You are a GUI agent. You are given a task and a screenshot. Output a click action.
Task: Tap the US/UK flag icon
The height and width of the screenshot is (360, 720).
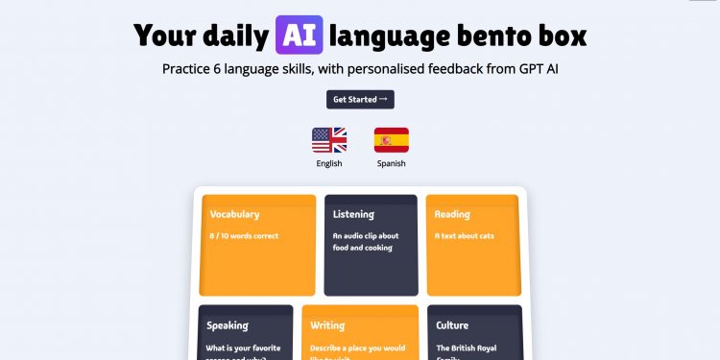329,140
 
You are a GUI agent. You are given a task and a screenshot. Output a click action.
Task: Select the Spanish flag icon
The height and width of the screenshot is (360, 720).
391,140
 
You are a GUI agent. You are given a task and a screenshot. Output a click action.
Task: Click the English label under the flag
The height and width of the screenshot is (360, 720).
329,163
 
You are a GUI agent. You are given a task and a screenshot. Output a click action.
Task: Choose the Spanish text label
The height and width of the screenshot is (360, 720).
391,163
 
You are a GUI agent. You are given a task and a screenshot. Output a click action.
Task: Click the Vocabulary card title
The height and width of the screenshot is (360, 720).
234,214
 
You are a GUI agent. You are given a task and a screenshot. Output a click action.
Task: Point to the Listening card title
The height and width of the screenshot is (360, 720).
353,214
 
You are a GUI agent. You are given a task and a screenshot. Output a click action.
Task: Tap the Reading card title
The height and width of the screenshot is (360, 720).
452,214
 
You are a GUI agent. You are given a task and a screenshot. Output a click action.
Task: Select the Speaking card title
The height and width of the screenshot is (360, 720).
228,325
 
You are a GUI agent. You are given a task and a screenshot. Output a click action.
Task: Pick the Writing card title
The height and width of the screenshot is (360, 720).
327,325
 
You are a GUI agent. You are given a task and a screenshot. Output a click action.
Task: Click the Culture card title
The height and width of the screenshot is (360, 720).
452,325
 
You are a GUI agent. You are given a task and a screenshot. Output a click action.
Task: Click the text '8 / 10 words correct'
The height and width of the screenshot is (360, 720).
244,235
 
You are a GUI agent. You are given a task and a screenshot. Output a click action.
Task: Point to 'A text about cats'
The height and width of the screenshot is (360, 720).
465,235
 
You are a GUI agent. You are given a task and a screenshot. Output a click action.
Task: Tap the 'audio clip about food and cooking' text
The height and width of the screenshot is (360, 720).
366,241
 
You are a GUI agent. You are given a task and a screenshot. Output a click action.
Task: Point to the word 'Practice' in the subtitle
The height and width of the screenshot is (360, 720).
190,69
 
